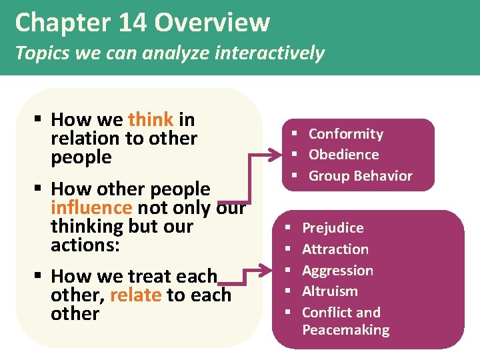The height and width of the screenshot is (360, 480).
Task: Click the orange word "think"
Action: pyautogui.click(x=151, y=120)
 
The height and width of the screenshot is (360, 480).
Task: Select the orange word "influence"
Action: pyautogui.click(x=91, y=208)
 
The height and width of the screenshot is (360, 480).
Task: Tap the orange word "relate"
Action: pyautogui.click(x=135, y=295)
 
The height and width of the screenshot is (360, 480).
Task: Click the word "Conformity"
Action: pyautogui.click(x=345, y=134)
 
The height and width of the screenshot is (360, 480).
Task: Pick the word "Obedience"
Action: pyautogui.click(x=343, y=155)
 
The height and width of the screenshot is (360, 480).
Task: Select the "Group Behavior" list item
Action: pyautogui.click(x=360, y=176)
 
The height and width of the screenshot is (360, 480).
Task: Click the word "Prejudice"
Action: pyautogui.click(x=333, y=228)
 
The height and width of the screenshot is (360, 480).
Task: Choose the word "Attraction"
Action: pyautogui.click(x=335, y=249)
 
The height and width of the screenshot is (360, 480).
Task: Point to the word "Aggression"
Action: pyautogui.click(x=337, y=271)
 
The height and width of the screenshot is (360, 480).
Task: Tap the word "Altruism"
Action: pyautogui.click(x=329, y=291)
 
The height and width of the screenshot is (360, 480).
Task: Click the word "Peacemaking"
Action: pyautogui.click(x=345, y=330)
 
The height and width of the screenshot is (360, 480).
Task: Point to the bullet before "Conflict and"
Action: pyautogui.click(x=288, y=313)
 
